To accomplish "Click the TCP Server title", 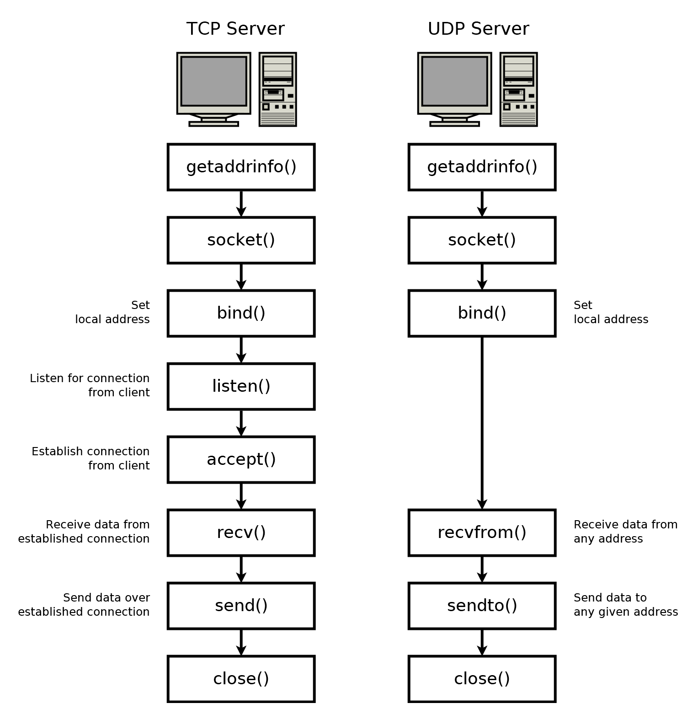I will click(x=235, y=29).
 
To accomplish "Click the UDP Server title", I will click(x=478, y=29).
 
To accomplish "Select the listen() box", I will click(x=241, y=386).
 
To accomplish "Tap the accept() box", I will click(x=241, y=459).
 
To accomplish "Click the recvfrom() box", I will click(x=482, y=533).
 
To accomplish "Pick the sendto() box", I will click(x=482, y=606).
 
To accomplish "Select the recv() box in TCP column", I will click(x=241, y=533).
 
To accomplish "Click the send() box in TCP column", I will click(x=241, y=606).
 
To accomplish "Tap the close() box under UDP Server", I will click(x=482, y=679).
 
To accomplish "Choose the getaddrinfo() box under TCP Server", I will click(x=241, y=167).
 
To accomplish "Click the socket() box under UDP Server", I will click(x=482, y=240).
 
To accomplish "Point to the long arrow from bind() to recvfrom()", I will click(x=482, y=423).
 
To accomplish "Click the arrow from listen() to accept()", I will click(x=241, y=423).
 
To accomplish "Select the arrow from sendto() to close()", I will click(x=482, y=642).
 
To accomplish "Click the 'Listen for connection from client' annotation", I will click(x=90, y=385).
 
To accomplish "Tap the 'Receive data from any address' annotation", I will click(x=625, y=531).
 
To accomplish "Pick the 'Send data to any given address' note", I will click(x=625, y=604).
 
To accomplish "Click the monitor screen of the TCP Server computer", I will click(x=213, y=81).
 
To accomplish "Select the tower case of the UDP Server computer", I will click(x=518, y=89).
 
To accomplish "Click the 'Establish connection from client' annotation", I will click(x=91, y=458).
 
